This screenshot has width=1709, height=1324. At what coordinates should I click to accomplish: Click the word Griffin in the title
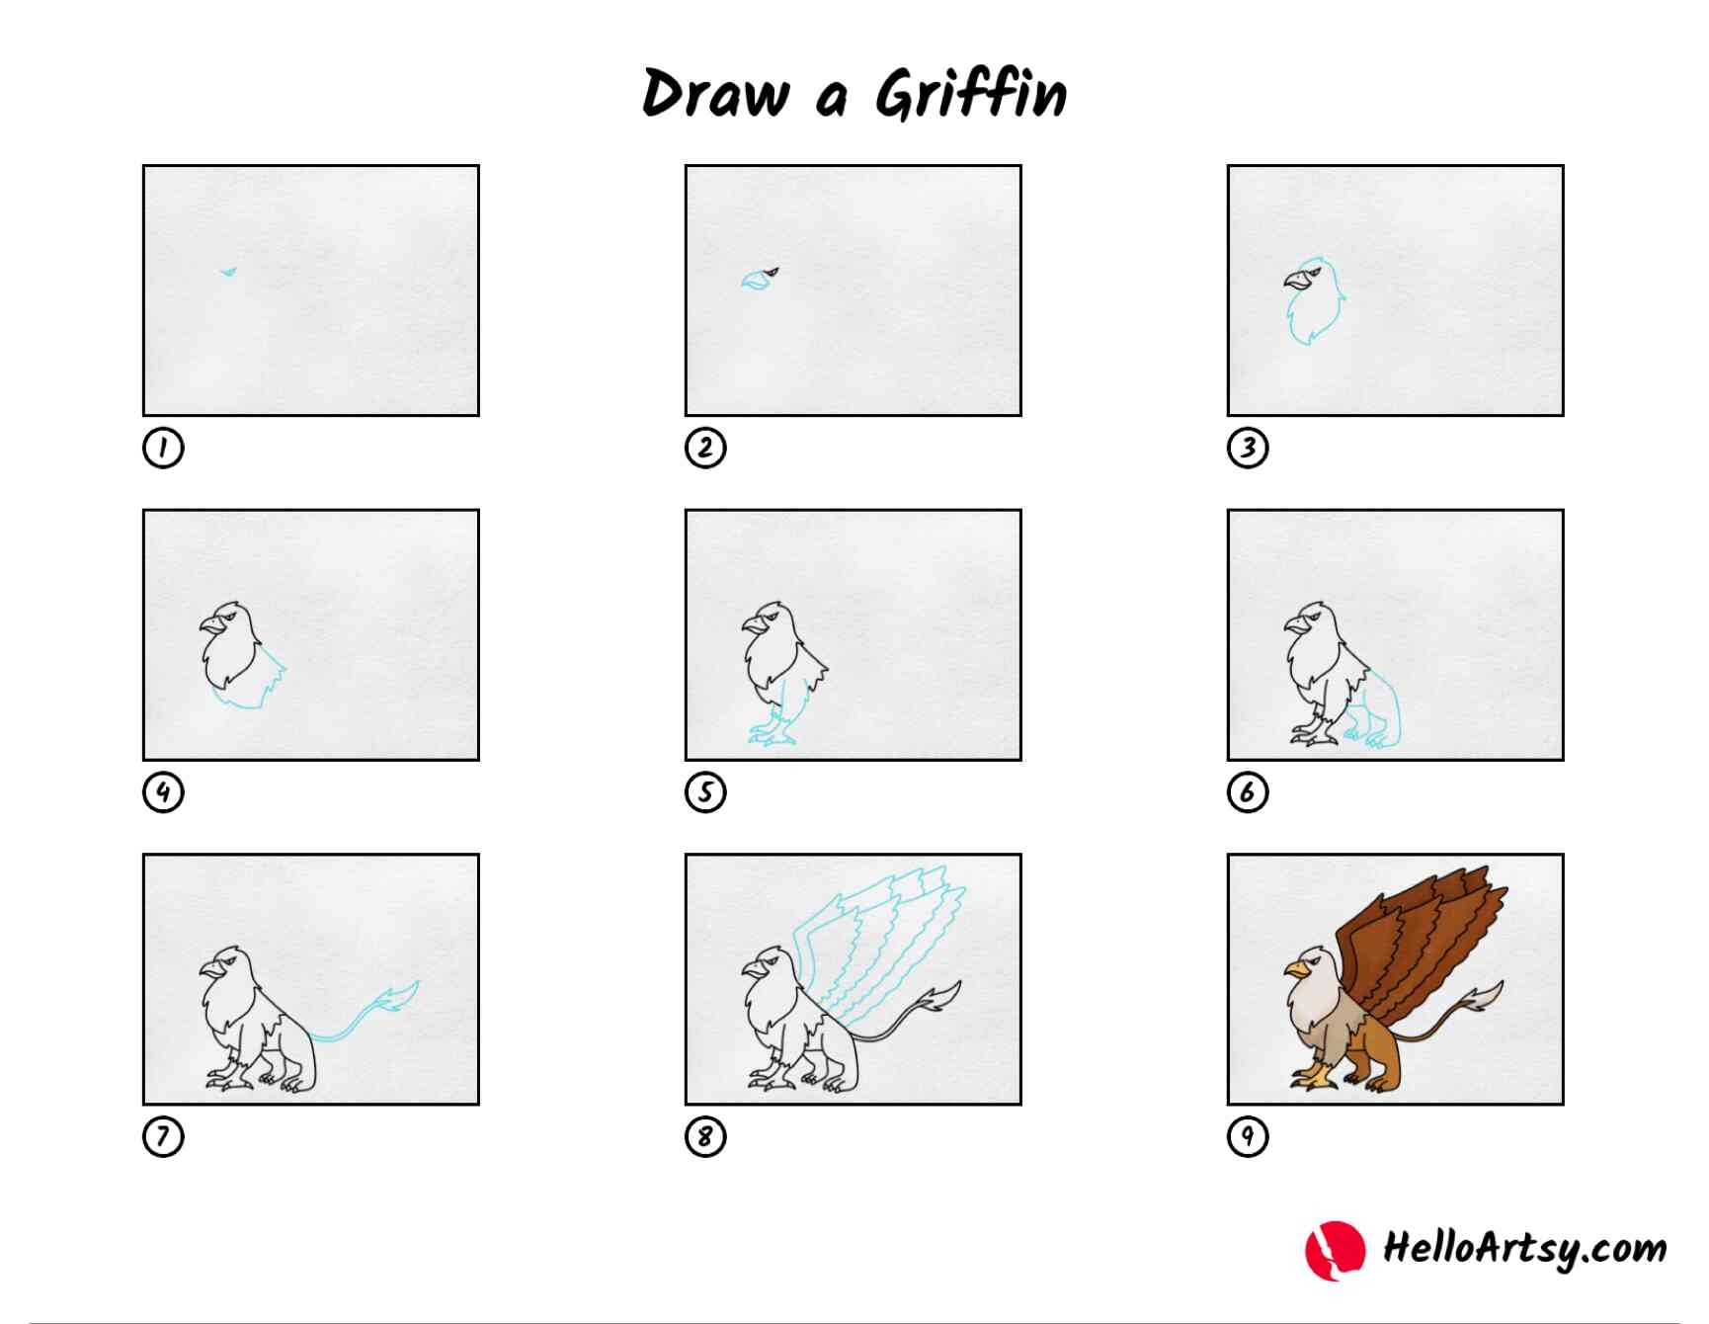click(971, 96)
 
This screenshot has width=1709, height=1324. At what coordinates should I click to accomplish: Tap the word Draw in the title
click(715, 96)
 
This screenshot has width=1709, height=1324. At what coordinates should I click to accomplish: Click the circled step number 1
click(163, 448)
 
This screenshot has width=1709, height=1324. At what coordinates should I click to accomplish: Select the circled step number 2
click(705, 448)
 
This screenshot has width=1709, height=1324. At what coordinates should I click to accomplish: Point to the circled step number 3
click(1248, 448)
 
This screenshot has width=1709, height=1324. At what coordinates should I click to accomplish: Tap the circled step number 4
click(163, 791)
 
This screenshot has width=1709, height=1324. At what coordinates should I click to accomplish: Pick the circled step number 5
click(705, 791)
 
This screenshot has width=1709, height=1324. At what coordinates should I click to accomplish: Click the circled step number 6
click(1248, 791)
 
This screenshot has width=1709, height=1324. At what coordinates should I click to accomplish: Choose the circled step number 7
click(163, 1136)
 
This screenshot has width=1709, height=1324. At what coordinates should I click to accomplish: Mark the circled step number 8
click(705, 1136)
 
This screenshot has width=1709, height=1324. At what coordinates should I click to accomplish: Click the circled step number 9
click(1248, 1136)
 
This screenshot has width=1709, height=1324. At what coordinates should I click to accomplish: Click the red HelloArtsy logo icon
click(1335, 1250)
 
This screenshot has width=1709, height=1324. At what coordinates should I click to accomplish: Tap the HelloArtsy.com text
click(1524, 1248)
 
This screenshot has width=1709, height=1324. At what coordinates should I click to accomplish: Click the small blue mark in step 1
click(229, 271)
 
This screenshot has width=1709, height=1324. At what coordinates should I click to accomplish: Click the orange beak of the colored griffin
click(1295, 970)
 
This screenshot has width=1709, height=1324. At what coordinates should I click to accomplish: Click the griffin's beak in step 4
click(212, 625)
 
